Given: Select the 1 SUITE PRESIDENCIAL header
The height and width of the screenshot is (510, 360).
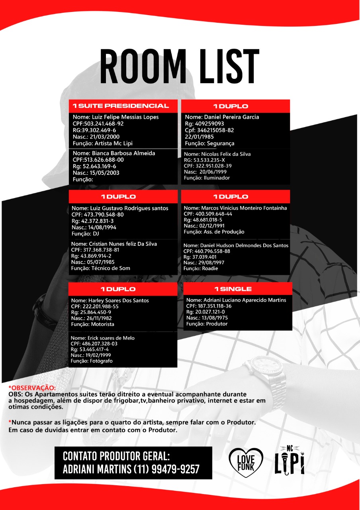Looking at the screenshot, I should tap(123, 106).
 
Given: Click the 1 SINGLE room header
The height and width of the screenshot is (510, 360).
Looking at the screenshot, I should tap(233, 289).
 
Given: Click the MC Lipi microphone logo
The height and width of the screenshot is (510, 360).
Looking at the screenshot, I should tap(290, 461).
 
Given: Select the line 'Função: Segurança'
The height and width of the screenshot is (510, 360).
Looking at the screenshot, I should tap(209, 143).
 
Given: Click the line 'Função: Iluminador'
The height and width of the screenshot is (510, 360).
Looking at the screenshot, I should tap(207, 178).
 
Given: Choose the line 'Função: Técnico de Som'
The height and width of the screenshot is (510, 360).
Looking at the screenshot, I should tap(100, 268).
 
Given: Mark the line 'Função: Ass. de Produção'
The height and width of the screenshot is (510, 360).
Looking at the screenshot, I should tap(214, 232).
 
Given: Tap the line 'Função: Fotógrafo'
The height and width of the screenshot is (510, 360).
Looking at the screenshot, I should tap(92, 361).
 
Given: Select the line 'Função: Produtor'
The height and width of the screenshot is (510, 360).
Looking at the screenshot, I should tap(207, 324).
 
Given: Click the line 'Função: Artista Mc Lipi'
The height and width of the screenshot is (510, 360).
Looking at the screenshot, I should tap(102, 143).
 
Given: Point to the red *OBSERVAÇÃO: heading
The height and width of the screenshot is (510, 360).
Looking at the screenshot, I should tap(33, 388).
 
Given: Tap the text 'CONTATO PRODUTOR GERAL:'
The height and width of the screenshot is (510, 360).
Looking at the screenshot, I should tap(116, 456).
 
